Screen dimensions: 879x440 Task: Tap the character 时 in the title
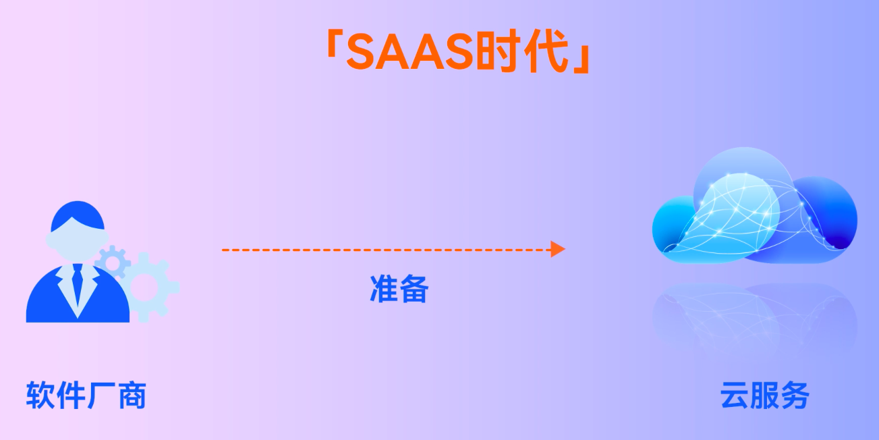coord(499,51)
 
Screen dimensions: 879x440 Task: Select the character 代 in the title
coord(546,51)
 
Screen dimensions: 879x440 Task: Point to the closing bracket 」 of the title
coord(582,59)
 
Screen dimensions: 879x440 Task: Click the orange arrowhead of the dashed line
coord(558,249)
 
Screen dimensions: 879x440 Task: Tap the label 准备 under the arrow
coord(399,289)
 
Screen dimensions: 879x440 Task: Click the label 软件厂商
coord(86,395)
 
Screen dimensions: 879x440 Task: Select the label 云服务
coord(765,395)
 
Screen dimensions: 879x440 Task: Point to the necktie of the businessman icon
coord(78,282)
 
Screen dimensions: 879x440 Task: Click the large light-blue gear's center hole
coord(144,287)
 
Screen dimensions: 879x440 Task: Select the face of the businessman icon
coord(77,242)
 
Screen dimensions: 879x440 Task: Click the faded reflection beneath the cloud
coord(754,318)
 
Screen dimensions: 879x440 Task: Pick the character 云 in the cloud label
coord(735,395)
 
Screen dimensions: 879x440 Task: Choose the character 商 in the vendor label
coord(132,395)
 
